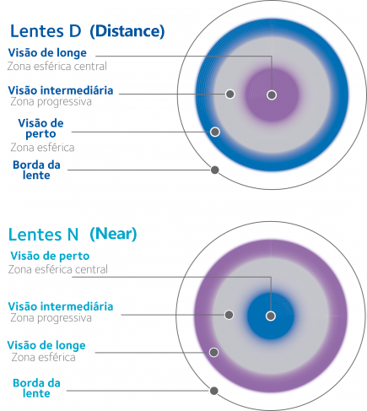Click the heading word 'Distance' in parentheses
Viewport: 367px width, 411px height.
[127, 31]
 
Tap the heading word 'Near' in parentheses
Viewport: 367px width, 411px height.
[113, 234]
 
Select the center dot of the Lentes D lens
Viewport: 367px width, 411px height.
[272, 95]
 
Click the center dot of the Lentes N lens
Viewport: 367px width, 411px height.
[271, 316]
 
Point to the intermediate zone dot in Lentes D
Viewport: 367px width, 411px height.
[230, 94]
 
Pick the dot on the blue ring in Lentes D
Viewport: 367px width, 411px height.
[215, 132]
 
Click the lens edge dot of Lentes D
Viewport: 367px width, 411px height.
[215, 170]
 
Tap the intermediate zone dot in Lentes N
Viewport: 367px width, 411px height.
[229, 315]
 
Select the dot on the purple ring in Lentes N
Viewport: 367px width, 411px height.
[214, 352]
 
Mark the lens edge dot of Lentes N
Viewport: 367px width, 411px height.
[214, 391]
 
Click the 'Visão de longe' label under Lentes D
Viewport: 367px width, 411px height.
[47, 53]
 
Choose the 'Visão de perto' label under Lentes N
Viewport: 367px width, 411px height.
[50, 256]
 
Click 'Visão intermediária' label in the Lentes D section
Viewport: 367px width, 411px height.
[61, 90]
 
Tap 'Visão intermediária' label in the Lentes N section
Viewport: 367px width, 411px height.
[61, 306]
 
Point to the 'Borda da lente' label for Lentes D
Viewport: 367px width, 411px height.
[36, 170]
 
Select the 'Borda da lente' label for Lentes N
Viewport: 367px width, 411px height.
[36, 388]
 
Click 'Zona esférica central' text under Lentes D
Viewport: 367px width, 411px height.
[57, 67]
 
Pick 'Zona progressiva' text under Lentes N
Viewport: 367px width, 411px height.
[51, 318]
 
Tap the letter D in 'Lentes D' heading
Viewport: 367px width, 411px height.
[75, 31]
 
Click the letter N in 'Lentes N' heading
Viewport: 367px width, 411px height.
[73, 235]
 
